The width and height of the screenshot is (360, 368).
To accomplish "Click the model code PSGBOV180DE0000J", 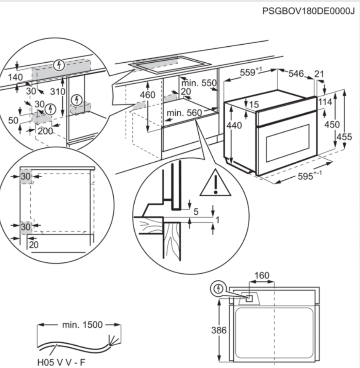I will point(308,11).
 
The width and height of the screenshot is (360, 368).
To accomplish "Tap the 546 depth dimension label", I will point(296,74).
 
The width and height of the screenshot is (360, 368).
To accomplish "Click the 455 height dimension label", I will point(344,136).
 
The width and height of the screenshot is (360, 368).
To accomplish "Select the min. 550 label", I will point(199,83).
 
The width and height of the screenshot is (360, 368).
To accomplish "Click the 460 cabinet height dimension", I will point(147,95).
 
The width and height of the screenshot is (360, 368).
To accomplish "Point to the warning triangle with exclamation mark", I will point(215,183).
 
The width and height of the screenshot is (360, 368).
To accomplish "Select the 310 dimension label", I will point(57,91).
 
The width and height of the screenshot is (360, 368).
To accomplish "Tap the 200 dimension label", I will point(45,131).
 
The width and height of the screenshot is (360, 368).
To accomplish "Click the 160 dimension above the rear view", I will point(261,276).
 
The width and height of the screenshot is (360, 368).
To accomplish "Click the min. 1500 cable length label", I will point(82,325).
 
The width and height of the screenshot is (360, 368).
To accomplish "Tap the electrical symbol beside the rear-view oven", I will point(218,289).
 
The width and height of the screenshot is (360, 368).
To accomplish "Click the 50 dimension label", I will point(13,120).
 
